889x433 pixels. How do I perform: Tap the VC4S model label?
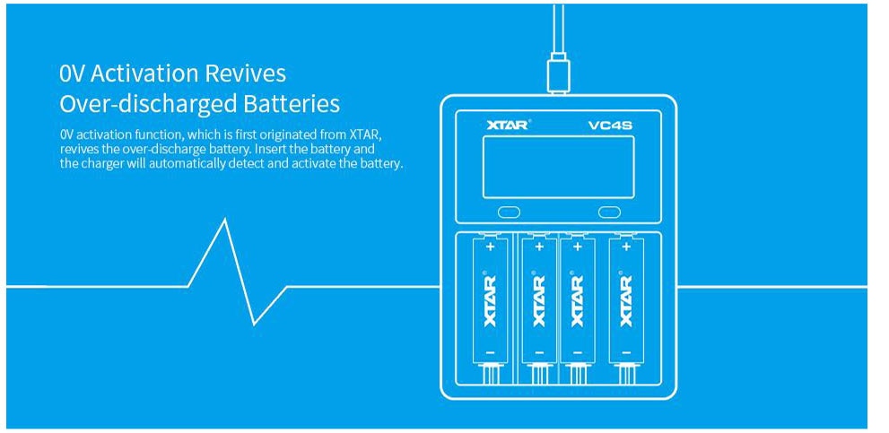[x=610, y=125]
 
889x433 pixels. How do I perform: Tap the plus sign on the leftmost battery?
[x=490, y=244]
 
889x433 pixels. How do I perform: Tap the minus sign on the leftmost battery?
[x=490, y=353]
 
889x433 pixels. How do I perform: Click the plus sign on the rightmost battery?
[x=625, y=244]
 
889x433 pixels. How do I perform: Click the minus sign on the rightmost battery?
[x=625, y=353]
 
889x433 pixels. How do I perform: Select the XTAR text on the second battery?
[x=538, y=300]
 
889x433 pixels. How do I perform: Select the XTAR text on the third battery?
[x=576, y=300]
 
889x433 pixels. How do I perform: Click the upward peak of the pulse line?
[x=223, y=221]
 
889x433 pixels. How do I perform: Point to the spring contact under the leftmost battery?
[x=490, y=376]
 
